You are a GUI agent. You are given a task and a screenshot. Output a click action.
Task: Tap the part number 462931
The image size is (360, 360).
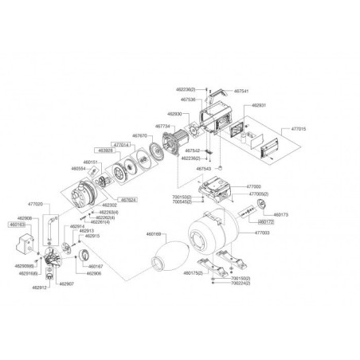(x=259, y=105)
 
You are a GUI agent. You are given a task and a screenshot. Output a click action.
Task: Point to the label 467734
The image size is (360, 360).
(x=162, y=126)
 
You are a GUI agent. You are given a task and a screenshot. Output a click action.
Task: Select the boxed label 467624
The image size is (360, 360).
(x=128, y=200)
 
